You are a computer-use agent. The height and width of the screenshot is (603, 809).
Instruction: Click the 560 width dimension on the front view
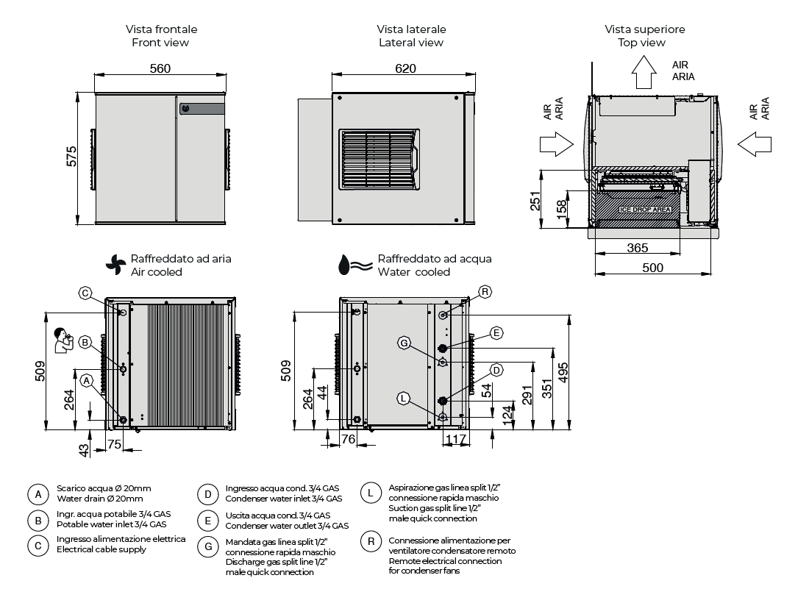[160, 69]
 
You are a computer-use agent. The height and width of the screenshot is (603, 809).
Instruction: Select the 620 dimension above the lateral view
[405, 69]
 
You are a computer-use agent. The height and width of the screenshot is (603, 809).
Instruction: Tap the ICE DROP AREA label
[645, 210]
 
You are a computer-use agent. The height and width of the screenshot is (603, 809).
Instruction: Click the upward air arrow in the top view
[644, 74]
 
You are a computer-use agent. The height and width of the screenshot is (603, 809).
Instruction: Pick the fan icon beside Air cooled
[116, 265]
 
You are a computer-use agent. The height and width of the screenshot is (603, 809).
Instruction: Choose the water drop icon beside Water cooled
[344, 265]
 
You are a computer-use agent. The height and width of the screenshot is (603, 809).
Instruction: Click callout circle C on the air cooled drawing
[85, 293]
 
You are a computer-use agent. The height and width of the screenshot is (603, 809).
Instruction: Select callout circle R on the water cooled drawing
[485, 292]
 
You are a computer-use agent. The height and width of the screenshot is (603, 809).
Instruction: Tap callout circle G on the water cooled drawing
[404, 343]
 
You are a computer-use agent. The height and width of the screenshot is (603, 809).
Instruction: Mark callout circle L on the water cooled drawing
[403, 398]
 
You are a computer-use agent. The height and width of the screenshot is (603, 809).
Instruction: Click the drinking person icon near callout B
[65, 340]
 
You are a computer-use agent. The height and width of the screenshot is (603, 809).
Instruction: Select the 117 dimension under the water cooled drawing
[456, 439]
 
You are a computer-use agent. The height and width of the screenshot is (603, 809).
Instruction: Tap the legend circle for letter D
[208, 495]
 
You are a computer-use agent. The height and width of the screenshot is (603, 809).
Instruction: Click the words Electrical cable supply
[101, 550]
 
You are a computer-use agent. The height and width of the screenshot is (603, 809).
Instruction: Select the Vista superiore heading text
[645, 29]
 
